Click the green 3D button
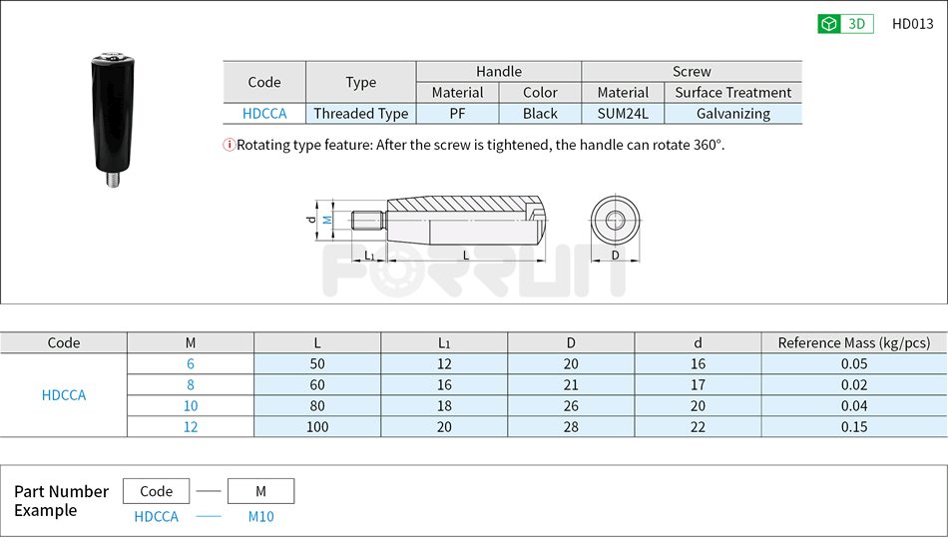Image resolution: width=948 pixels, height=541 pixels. [x=845, y=24]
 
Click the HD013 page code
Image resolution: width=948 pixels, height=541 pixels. [x=912, y=24]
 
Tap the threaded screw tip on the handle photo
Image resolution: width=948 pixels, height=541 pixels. [x=113, y=182]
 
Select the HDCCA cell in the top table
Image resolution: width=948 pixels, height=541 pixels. [x=264, y=114]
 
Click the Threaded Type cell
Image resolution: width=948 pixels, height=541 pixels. [x=360, y=114]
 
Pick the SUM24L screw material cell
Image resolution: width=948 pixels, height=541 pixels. [x=623, y=114]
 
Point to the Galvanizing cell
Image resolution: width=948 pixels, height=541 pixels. [x=732, y=114]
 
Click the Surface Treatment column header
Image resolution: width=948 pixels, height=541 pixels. [x=732, y=92]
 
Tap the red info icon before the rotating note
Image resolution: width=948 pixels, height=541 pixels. [x=229, y=145]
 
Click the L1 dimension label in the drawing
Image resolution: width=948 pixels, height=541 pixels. [x=370, y=256]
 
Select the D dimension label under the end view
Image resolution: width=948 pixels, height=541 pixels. [x=615, y=256]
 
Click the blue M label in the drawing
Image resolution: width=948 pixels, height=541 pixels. [x=326, y=219]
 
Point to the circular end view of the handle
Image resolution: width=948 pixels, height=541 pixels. [x=615, y=220]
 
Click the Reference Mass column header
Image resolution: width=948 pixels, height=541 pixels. [x=853, y=342]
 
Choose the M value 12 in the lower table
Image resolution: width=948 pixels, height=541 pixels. [x=191, y=426]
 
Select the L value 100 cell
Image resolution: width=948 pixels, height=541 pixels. [x=317, y=426]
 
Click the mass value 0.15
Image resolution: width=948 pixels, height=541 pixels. [x=853, y=426]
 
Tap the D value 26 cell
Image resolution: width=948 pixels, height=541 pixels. [x=571, y=405]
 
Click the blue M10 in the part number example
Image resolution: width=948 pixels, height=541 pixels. [x=260, y=516]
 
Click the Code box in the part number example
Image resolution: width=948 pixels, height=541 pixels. [x=157, y=491]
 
